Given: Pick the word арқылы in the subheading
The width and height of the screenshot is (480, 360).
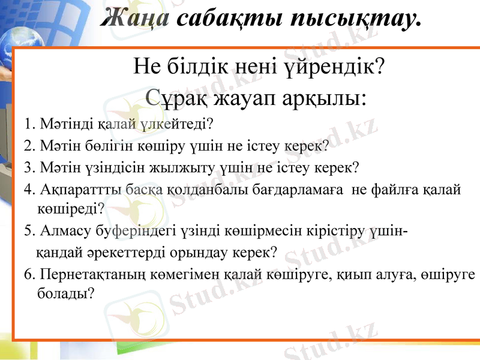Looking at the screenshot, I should (x=325, y=96).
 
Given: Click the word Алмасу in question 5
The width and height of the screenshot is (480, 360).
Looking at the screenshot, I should (x=61, y=230).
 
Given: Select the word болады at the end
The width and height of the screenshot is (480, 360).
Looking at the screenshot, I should (x=64, y=295).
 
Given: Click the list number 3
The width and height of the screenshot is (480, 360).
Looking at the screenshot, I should (x=29, y=167).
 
